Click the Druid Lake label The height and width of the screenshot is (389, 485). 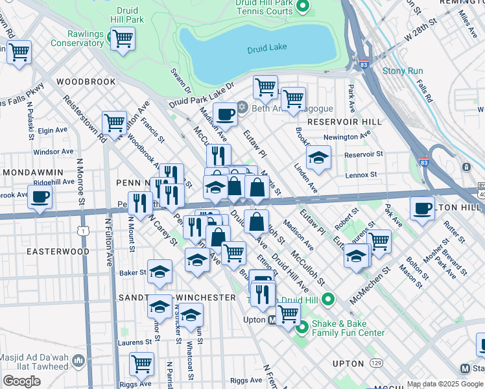click(266, 50)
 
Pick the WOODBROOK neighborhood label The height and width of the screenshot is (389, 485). click(86, 82)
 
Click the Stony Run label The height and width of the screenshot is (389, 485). click(402, 71)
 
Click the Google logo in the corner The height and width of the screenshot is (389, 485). click(21, 381)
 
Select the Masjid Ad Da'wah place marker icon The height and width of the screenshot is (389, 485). click(78, 360)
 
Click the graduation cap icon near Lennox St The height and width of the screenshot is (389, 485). click(318, 158)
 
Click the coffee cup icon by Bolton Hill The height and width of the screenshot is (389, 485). click(422, 209)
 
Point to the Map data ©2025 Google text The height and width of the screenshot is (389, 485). click(445, 384)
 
